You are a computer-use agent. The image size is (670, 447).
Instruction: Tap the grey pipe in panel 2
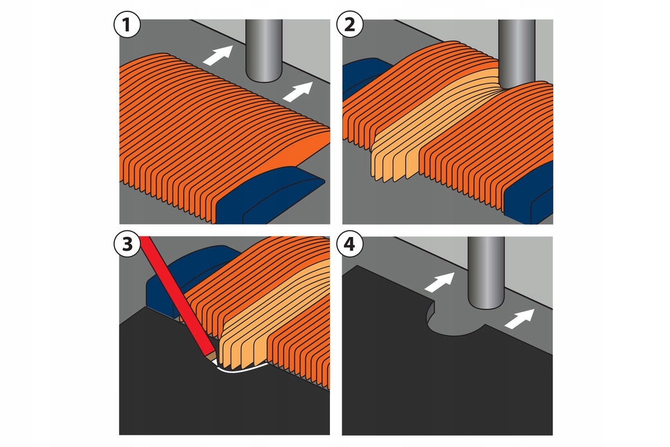tap(516, 50)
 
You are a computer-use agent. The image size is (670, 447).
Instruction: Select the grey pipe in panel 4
tap(485, 271)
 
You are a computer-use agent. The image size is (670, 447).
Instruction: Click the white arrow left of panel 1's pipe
tap(217, 55)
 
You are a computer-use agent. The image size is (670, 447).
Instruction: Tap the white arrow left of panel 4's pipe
tap(439, 282)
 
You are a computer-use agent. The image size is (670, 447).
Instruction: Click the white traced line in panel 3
tap(240, 368)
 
